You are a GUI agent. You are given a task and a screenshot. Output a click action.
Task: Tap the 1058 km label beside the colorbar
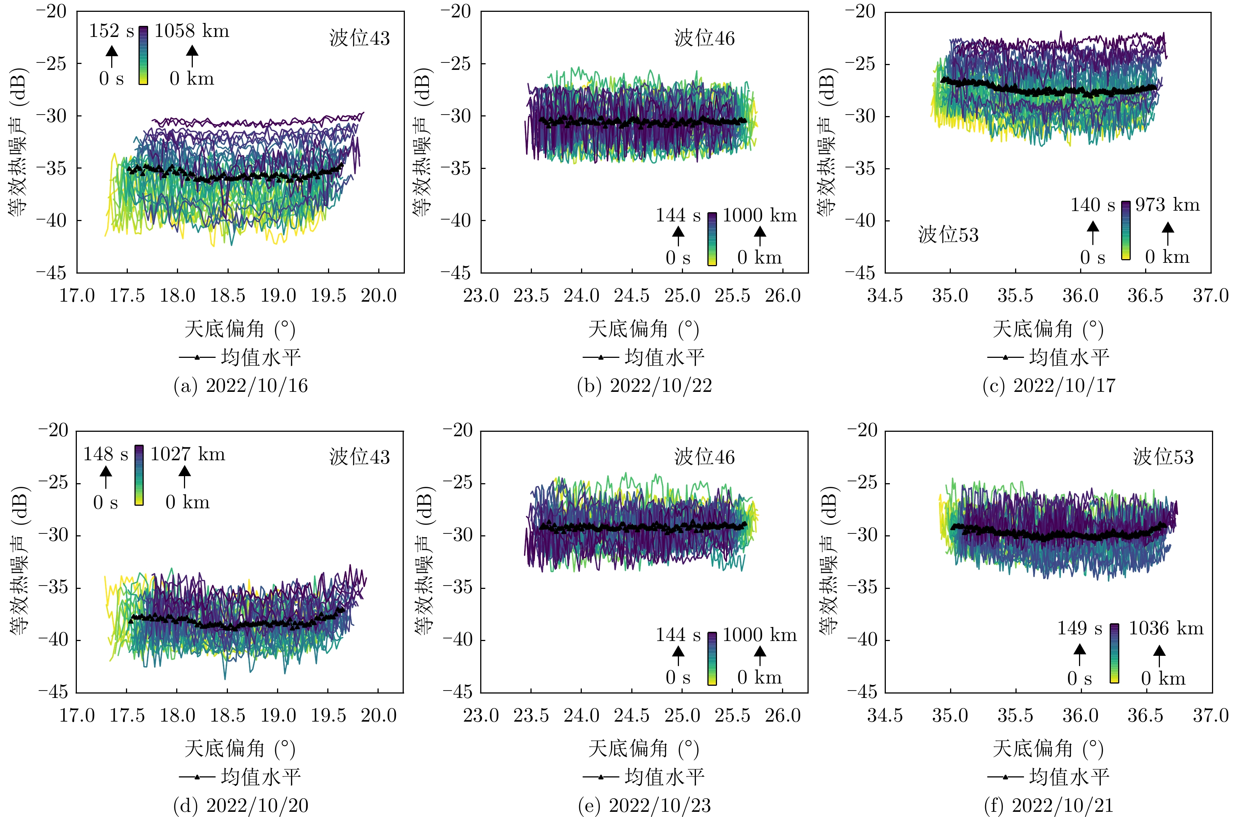pos(192,31)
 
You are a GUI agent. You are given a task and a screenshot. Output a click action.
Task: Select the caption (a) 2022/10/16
pos(240,386)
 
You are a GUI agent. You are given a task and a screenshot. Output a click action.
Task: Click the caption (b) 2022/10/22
pos(645,386)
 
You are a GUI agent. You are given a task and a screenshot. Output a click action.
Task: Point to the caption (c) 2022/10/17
pos(1049,386)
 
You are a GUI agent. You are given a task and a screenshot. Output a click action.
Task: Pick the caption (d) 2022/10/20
pos(240,806)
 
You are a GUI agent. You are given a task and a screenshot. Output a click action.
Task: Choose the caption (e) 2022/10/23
pos(645,806)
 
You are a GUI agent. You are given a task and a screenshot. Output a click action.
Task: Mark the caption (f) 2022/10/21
pos(1049,806)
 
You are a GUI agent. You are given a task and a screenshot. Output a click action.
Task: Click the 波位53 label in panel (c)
pos(948,235)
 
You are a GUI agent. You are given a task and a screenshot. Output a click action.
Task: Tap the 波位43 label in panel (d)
pos(359,457)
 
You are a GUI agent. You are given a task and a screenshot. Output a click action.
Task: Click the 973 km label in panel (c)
pos(1167,205)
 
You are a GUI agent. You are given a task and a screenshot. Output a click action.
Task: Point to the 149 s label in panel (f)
pos(1079,628)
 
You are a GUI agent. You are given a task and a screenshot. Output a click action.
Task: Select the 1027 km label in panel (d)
pos(187,454)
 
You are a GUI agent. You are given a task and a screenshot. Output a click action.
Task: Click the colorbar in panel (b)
pos(712,239)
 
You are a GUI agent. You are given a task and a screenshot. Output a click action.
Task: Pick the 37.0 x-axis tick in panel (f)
pos(1211,715)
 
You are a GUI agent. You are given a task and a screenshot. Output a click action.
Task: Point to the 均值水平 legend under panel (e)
pos(645,777)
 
